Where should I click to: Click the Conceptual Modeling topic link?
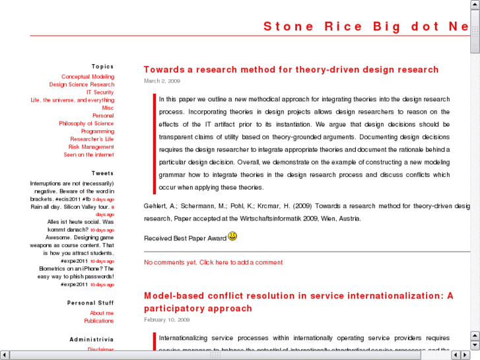coord(88,77)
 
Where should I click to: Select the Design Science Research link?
coord(81,85)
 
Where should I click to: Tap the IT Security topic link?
coord(100,92)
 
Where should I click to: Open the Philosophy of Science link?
coord(86,124)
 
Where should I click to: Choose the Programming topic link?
coord(97,131)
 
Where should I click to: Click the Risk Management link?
coord(91,147)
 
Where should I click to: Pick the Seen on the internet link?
coord(88,155)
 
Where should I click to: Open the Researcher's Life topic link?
coord(92,139)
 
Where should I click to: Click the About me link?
coord(102,313)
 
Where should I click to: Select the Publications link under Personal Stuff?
coord(98,321)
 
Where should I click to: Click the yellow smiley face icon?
coord(232,236)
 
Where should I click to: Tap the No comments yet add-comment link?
coord(213,262)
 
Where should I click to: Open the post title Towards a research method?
coord(291,69)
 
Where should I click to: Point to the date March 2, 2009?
coord(162,81)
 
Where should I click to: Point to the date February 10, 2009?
coord(166,319)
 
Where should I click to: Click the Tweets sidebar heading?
coord(102,173)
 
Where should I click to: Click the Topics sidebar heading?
coord(102,66)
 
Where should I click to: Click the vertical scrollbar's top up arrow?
coord(475,5)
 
